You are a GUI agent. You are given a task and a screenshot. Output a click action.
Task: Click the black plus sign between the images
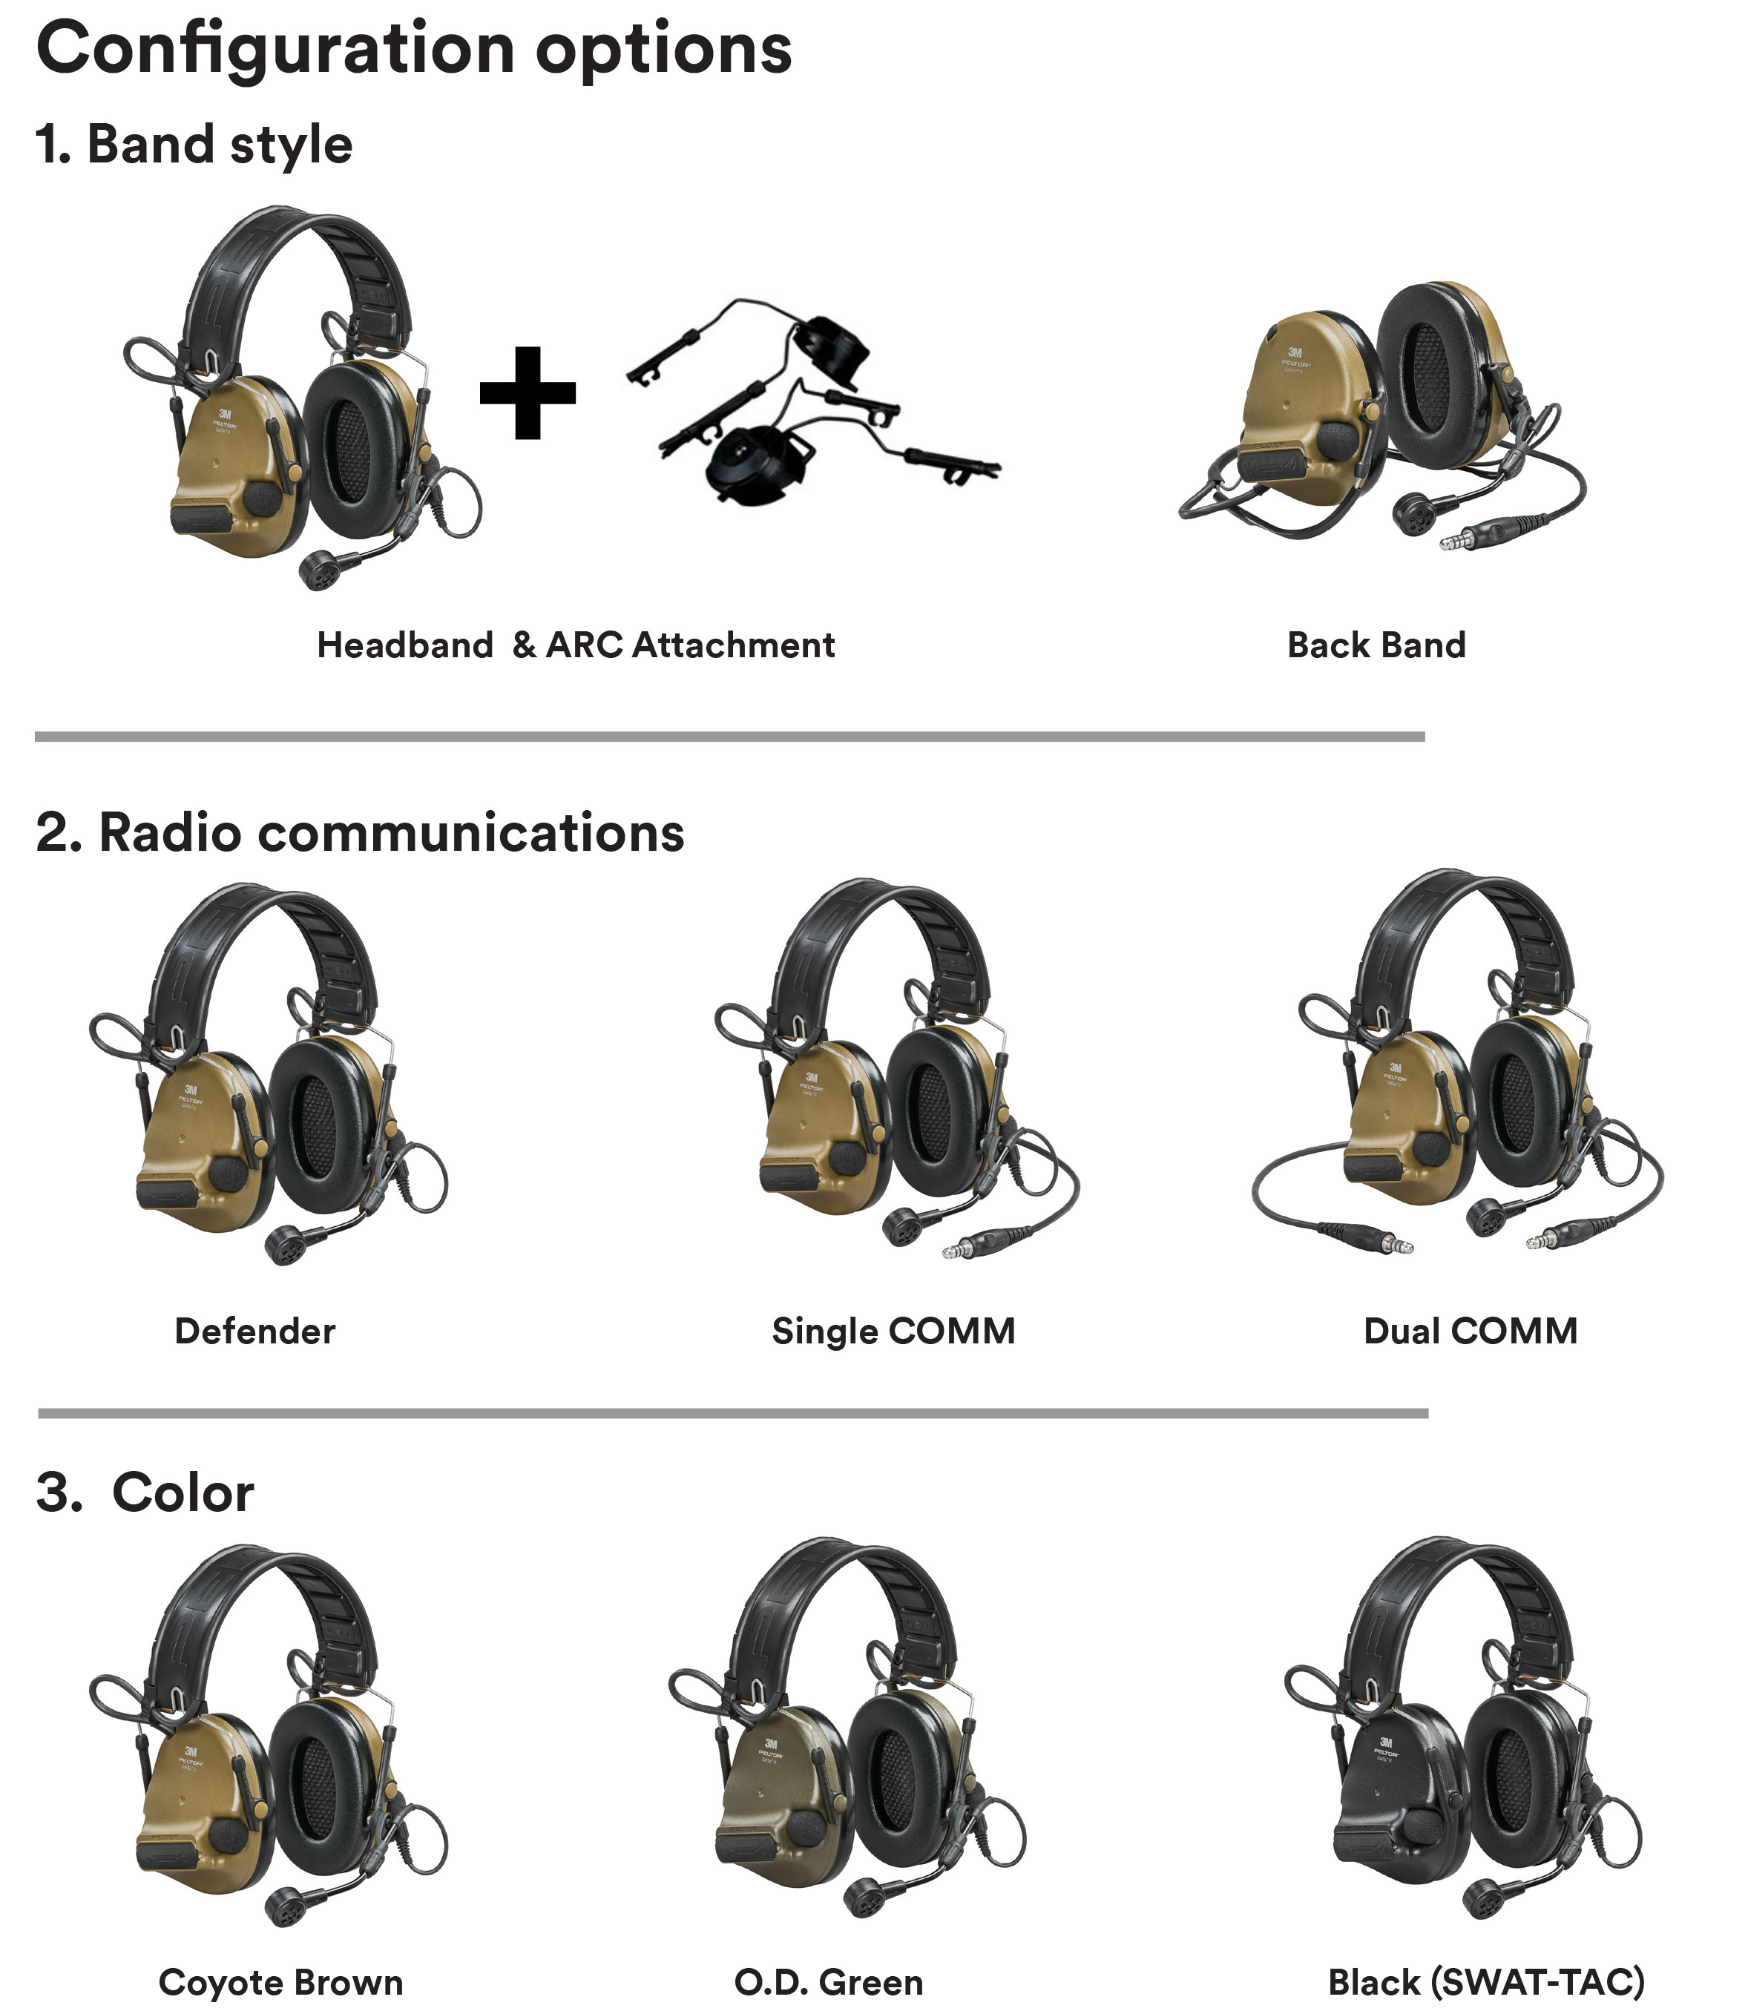527,392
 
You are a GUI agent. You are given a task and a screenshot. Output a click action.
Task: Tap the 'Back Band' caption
1376,645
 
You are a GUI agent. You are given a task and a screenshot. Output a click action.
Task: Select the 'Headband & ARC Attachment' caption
576,645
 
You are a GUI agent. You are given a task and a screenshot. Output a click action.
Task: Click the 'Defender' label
254,1332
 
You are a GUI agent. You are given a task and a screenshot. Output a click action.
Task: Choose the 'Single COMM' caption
893,1332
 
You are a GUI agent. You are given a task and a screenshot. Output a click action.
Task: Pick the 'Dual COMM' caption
1470,1332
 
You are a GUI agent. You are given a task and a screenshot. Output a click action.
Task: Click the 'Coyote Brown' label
281,1983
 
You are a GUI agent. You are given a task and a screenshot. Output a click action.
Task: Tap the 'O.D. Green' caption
828,1983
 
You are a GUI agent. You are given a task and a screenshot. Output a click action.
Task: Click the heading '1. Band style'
193,145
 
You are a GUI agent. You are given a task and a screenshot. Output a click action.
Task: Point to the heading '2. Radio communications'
359,833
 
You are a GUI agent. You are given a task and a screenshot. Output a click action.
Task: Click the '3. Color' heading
145,1493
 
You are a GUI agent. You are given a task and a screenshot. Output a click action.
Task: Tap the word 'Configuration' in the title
275,49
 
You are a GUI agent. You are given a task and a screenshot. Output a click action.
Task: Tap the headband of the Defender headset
263,936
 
